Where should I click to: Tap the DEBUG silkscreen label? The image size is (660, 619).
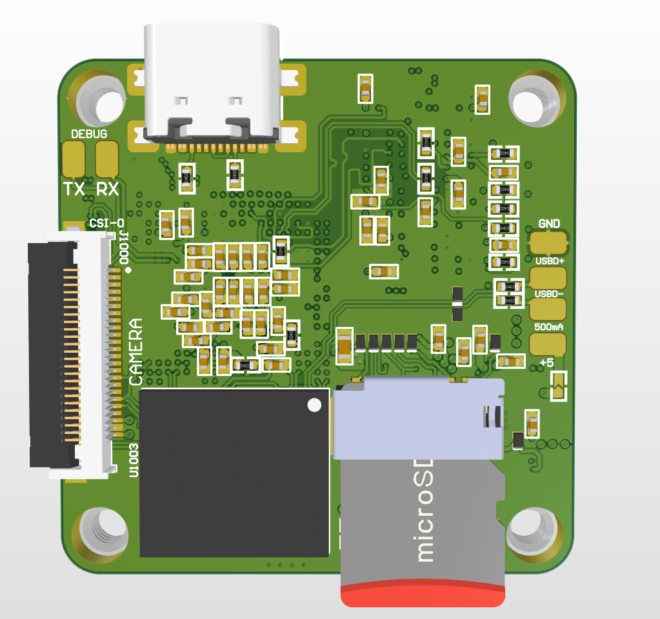tap(89, 134)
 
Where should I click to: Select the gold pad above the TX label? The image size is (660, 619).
tap(74, 159)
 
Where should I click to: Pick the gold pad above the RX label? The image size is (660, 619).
tap(107, 159)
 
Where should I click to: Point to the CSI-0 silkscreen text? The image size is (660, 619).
tap(107, 224)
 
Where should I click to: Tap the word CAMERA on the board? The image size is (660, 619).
tap(136, 352)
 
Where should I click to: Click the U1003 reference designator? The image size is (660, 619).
tap(134, 460)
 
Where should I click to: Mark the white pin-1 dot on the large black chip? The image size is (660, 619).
tap(314, 405)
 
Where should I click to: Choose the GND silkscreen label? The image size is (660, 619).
tap(548, 224)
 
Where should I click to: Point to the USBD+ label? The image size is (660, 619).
tap(549, 260)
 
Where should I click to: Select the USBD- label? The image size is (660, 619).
tap(549, 294)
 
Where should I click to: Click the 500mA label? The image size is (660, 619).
tap(549, 327)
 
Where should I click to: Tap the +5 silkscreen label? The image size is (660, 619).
tap(546, 363)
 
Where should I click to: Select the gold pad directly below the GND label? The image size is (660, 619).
tap(548, 244)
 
